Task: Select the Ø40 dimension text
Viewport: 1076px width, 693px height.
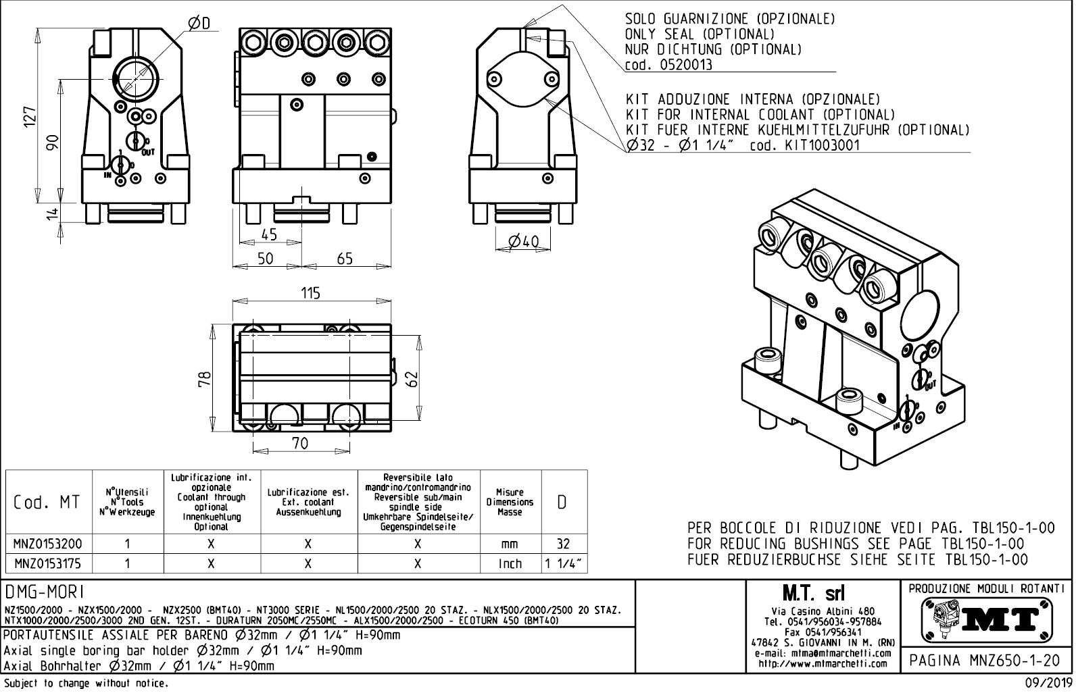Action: (x=524, y=242)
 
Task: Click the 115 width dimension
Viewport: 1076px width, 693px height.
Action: (x=310, y=293)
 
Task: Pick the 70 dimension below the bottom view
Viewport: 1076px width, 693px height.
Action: (x=300, y=443)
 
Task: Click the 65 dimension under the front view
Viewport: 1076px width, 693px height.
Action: (x=345, y=259)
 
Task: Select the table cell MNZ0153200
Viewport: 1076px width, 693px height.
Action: (x=48, y=544)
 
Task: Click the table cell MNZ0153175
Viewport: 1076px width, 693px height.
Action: (x=48, y=563)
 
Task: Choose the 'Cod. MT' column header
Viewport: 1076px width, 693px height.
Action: (x=47, y=503)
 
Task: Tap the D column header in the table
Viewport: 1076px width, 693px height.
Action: (x=563, y=503)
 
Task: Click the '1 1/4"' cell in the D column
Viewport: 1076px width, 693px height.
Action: (x=564, y=563)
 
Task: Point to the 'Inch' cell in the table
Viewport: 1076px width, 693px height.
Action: (x=510, y=563)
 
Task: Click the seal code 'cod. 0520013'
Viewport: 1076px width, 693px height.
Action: (x=669, y=66)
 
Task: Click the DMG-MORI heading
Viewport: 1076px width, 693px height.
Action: (x=44, y=592)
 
